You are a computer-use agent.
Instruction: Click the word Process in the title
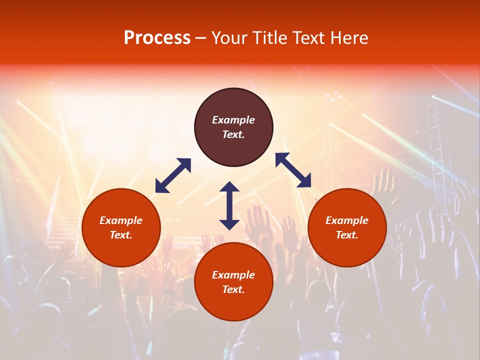click(x=157, y=38)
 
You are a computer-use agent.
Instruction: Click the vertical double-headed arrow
click(x=229, y=205)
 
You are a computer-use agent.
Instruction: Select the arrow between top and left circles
click(x=173, y=175)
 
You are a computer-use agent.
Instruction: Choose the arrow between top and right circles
click(x=293, y=170)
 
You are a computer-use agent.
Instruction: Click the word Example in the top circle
click(x=233, y=120)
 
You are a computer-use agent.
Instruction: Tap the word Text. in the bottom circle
click(x=233, y=289)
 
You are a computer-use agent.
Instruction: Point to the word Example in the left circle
click(x=121, y=220)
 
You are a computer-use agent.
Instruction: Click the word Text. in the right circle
click(x=347, y=235)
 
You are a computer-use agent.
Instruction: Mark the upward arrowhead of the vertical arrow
click(x=229, y=187)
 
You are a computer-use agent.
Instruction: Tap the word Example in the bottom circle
click(x=233, y=275)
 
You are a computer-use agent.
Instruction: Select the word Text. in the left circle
click(x=121, y=235)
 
